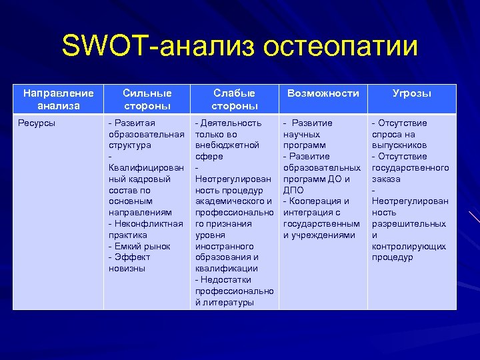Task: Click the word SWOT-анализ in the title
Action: pyautogui.click(x=157, y=47)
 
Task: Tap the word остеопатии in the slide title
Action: pyautogui.click(x=341, y=47)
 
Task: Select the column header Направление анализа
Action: pyautogui.click(x=58, y=99)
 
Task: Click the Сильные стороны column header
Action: pyautogui.click(x=147, y=99)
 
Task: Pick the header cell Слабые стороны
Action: pyautogui.click(x=234, y=99)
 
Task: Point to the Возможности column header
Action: pyautogui.click(x=323, y=93)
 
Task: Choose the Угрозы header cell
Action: pyautogui.click(x=411, y=93)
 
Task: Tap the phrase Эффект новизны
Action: pyautogui.click(x=133, y=263)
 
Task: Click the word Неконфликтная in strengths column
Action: pyautogui.click(x=148, y=223)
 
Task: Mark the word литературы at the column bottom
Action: pyautogui.click(x=224, y=302)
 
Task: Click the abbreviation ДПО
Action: pyautogui.click(x=293, y=190)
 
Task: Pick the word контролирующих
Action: pyautogui.click(x=409, y=246)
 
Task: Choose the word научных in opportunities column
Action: pyautogui.click(x=301, y=134)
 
